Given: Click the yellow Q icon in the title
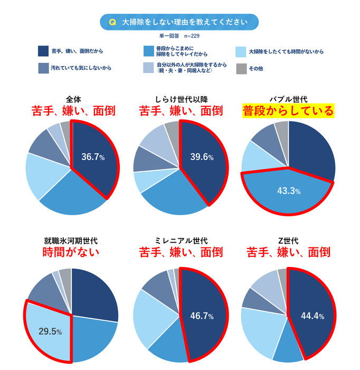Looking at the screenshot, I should point(112,22).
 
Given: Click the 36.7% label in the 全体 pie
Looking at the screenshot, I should point(93,158).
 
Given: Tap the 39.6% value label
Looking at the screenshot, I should point(201,158).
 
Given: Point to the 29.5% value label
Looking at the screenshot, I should point(50,332).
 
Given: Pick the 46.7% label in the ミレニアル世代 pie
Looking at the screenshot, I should point(202,316).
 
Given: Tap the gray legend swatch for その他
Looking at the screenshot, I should point(241,68).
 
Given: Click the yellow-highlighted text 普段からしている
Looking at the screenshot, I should point(288,111).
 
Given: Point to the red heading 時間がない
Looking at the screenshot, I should point(70,253).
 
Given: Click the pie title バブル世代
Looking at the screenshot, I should point(288,99).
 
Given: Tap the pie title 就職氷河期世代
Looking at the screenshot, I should point(71,240).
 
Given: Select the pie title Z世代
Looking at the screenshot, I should point(288,240).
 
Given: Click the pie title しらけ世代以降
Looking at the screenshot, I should point(180,99).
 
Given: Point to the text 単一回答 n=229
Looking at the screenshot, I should point(179,36).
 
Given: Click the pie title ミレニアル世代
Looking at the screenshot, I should point(180,240).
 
